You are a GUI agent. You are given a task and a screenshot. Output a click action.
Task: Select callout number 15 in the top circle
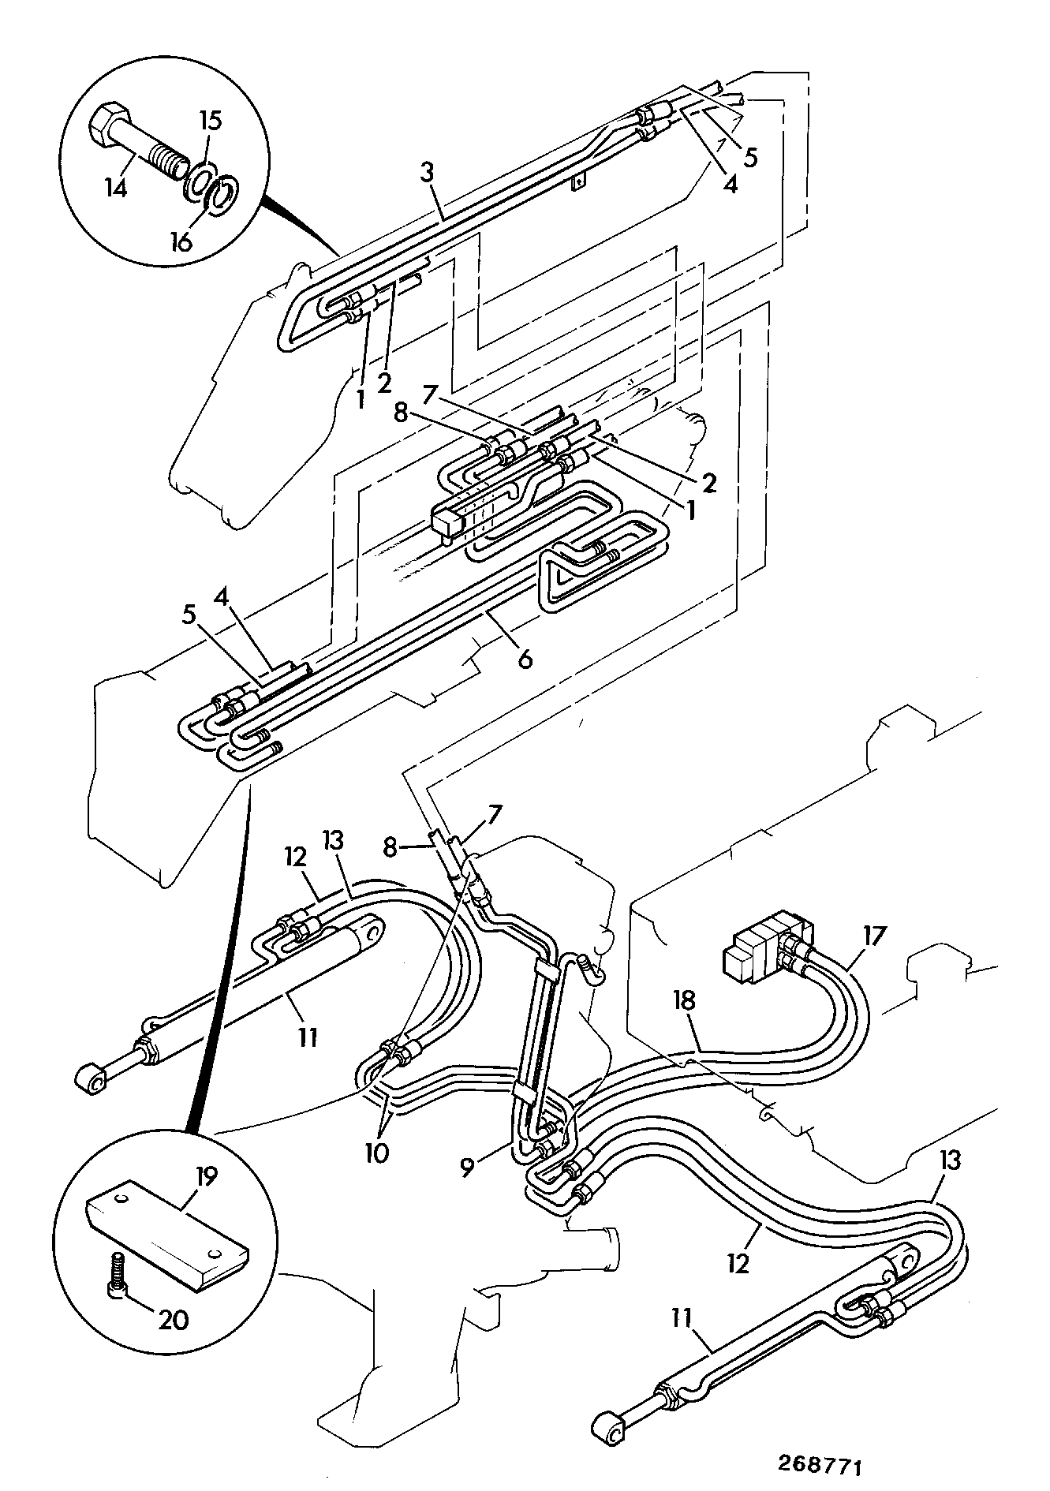point(210,121)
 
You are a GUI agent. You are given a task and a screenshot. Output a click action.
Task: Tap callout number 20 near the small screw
point(174,1319)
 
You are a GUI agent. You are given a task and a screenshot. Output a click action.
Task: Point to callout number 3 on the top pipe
point(427,173)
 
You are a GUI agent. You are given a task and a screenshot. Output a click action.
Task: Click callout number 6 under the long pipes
point(525,657)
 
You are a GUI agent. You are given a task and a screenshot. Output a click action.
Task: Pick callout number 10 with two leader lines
point(376,1153)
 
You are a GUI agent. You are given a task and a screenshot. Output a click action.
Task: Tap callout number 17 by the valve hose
point(874,936)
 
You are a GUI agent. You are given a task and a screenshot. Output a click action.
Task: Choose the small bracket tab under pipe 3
point(580,183)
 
